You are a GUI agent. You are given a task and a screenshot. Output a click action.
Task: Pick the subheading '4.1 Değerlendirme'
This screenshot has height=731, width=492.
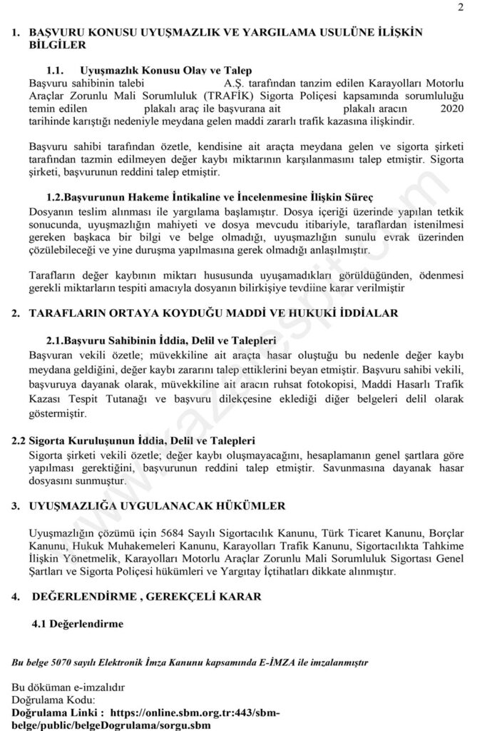(77, 623)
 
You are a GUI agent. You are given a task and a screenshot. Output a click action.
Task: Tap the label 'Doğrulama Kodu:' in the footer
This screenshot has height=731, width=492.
(50, 699)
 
